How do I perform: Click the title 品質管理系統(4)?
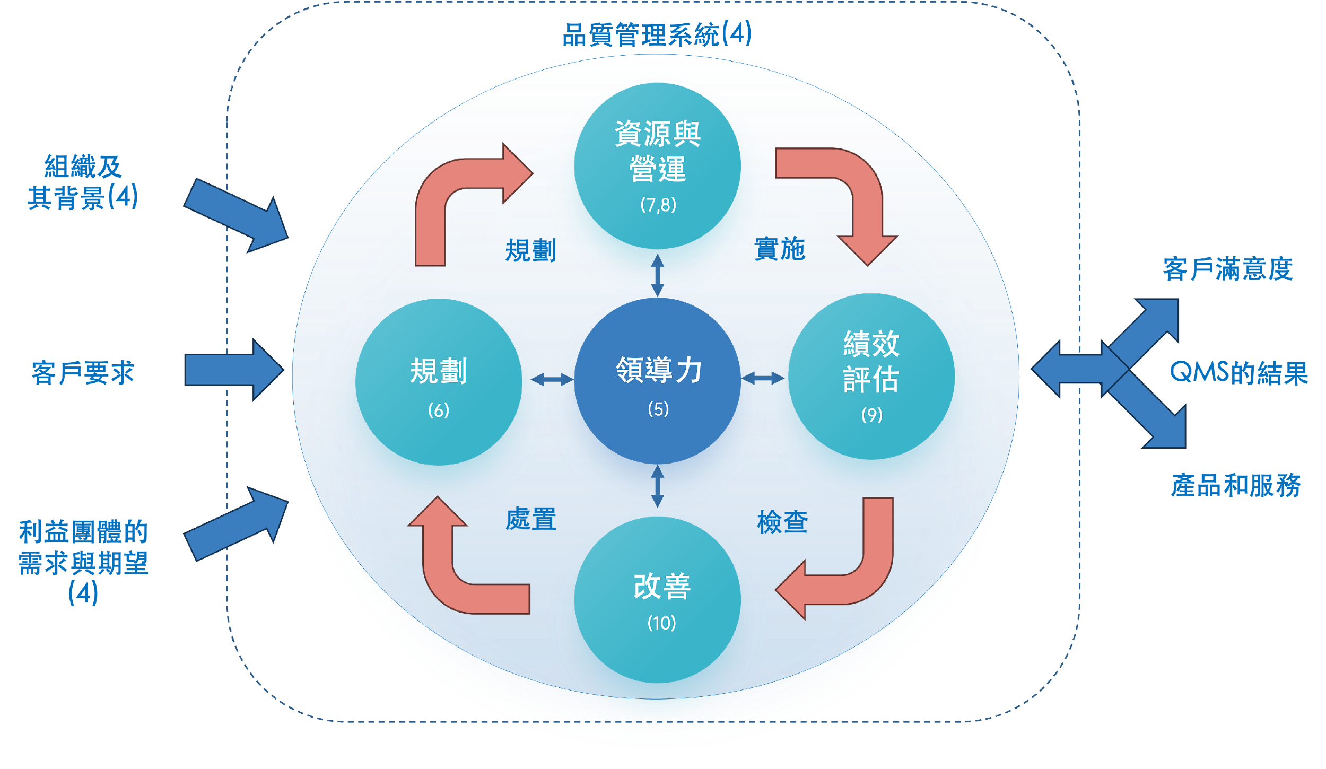pyautogui.click(x=657, y=35)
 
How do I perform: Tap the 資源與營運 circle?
pyautogui.click(x=658, y=164)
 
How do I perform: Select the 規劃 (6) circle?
pyautogui.click(x=439, y=382)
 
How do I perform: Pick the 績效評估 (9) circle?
pyautogui.click(x=871, y=377)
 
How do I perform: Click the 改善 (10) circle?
pyautogui.click(x=658, y=599)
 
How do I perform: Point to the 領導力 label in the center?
pyautogui.click(x=659, y=370)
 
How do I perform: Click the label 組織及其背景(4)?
pyautogui.click(x=83, y=182)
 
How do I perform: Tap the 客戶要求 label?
pyautogui.click(x=83, y=372)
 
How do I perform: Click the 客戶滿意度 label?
pyautogui.click(x=1228, y=269)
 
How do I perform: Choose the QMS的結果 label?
pyautogui.click(x=1239, y=373)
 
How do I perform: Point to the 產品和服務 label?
pyautogui.click(x=1236, y=485)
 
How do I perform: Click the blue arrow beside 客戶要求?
pyautogui.click(x=233, y=370)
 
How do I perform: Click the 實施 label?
pyautogui.click(x=780, y=249)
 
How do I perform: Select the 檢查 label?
pyautogui.click(x=782, y=522)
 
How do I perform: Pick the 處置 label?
pyautogui.click(x=531, y=519)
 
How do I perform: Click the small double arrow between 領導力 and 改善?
pyautogui.click(x=658, y=487)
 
